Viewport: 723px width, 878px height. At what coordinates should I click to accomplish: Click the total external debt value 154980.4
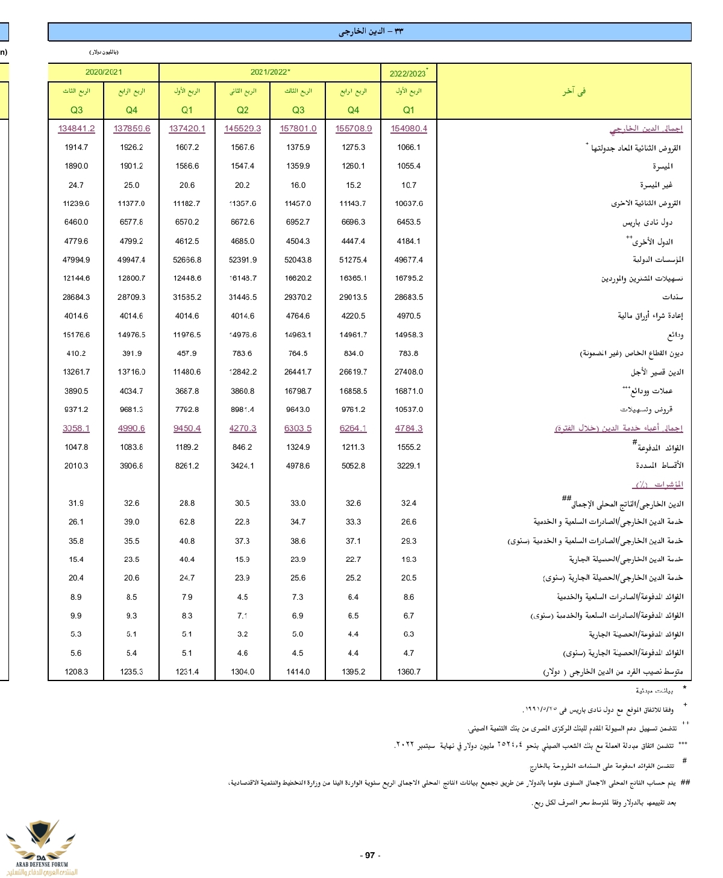pos(408,128)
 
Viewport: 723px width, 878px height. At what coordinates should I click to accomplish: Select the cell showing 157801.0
pos(298,128)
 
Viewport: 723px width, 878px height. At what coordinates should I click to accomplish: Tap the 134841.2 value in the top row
pos(77,128)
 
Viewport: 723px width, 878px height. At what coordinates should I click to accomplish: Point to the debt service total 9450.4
pos(187,428)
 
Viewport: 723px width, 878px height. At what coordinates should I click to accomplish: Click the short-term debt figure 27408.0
pos(408,372)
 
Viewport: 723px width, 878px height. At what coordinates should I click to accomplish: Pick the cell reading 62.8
pos(187,522)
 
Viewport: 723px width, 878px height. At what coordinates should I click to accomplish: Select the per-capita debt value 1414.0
pos(298,671)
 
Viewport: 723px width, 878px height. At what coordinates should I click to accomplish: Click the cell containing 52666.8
pos(187,260)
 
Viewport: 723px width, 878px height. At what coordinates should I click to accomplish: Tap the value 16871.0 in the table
pos(408,391)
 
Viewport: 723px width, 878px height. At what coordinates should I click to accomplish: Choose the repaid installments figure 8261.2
pos(187,465)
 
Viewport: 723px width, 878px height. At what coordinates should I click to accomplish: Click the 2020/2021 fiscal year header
pos(104,72)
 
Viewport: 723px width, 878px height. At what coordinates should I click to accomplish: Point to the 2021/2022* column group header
pos(270,72)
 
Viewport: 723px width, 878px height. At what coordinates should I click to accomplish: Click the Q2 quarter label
pos(242,110)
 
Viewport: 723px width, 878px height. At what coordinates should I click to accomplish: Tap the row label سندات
pos(672,297)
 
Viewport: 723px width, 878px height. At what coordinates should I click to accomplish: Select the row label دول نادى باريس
pos(647,222)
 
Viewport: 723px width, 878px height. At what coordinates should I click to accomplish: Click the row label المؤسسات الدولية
pos(658,260)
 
